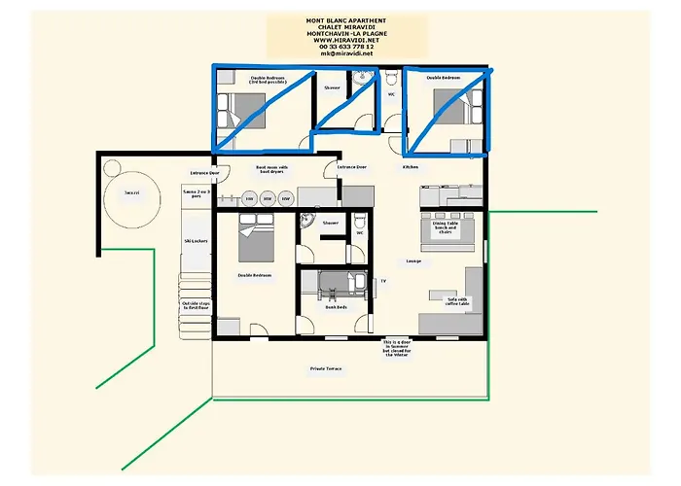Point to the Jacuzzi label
click(131, 193)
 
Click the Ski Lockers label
click(196, 240)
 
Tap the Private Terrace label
click(327, 368)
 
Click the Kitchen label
click(412, 167)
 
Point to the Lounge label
click(412, 260)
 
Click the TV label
click(382, 281)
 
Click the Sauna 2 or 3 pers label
click(196, 194)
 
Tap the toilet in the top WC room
click(388, 76)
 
